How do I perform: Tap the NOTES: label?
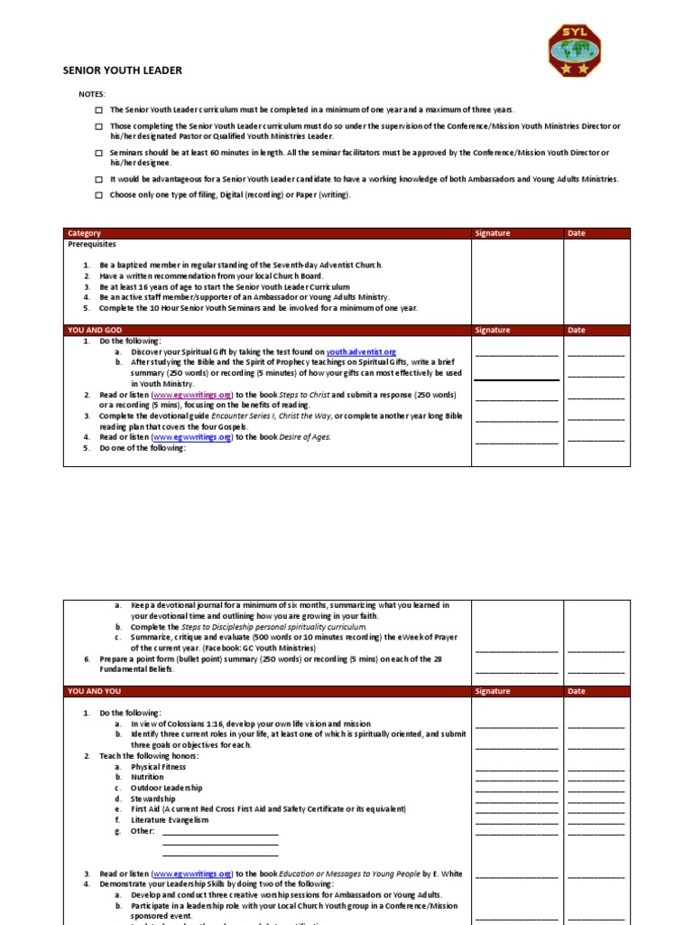tap(91, 94)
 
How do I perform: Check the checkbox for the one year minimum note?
tap(98, 109)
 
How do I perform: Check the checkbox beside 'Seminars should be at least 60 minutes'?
tap(98, 154)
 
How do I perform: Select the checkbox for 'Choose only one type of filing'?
tap(98, 195)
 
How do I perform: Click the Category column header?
tap(85, 233)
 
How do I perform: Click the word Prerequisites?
tap(92, 244)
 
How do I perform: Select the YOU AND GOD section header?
tap(88, 331)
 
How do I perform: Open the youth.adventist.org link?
tap(361, 351)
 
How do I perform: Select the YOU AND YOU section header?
tap(88, 691)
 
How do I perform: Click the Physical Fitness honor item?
tap(159, 766)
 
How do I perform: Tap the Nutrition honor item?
tap(147, 777)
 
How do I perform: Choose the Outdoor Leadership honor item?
tap(166, 788)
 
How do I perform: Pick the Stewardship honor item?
tap(152, 799)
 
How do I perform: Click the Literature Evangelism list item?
tap(170, 820)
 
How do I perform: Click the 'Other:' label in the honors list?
tap(143, 831)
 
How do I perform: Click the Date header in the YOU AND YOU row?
tap(577, 691)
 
